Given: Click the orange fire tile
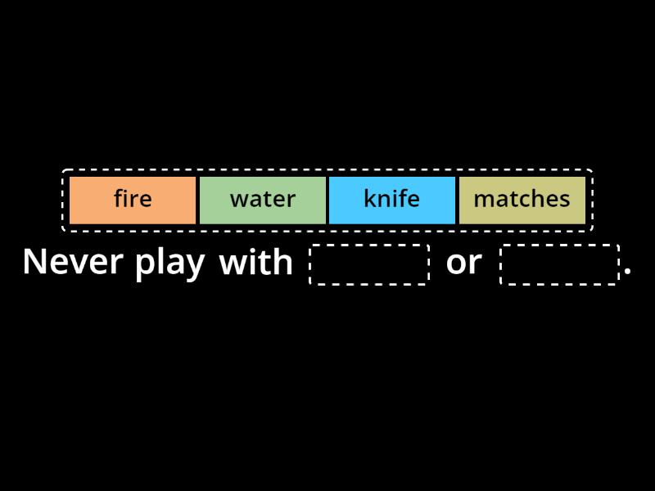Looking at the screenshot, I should click(133, 200).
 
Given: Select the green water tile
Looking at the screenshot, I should click(262, 200).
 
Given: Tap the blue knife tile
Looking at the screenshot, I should click(391, 200).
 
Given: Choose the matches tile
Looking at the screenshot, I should click(522, 200).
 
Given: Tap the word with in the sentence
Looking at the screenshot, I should click(255, 262).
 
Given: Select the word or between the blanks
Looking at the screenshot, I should click(463, 263).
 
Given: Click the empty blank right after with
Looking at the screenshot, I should click(369, 264).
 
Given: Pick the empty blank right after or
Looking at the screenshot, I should click(559, 264).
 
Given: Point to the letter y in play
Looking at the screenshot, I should click(196, 266).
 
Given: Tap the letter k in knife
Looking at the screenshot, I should click(369, 199).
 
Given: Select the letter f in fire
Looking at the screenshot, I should click(118, 199).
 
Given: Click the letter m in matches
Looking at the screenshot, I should click(482, 200).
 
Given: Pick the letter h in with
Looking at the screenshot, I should click(283, 262).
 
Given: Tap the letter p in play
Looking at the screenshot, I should click(145, 266).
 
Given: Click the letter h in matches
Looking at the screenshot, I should click(537, 199).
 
